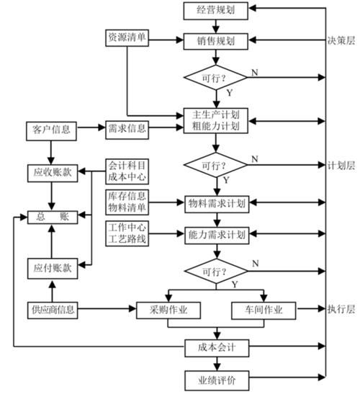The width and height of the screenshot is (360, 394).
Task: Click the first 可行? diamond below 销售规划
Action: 216,77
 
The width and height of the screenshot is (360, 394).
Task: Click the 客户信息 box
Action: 52,129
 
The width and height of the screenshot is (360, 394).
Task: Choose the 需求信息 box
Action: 127,129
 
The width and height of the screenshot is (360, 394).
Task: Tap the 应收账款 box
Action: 52,173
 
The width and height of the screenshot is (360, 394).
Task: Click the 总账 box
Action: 52,215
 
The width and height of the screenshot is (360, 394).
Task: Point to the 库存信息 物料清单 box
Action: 127,202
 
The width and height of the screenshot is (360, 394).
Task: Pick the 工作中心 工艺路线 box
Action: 127,234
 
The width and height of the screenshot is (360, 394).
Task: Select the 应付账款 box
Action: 52,267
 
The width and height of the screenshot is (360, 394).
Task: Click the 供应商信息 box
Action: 52,310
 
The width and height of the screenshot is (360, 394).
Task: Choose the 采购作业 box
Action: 168,310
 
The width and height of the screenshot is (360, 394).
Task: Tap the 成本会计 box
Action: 216,348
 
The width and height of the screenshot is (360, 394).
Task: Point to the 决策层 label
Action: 341,41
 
